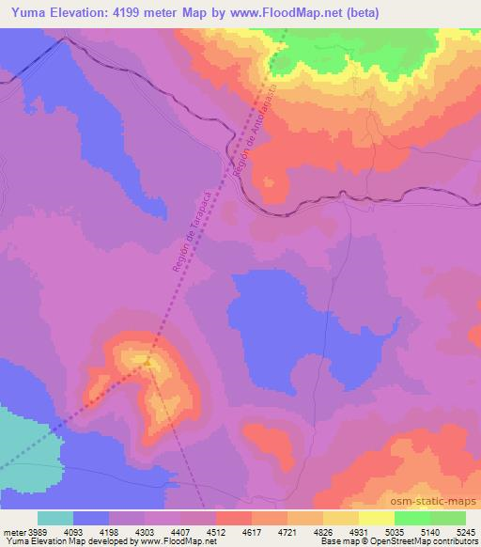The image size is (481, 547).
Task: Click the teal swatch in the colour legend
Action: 55,519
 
